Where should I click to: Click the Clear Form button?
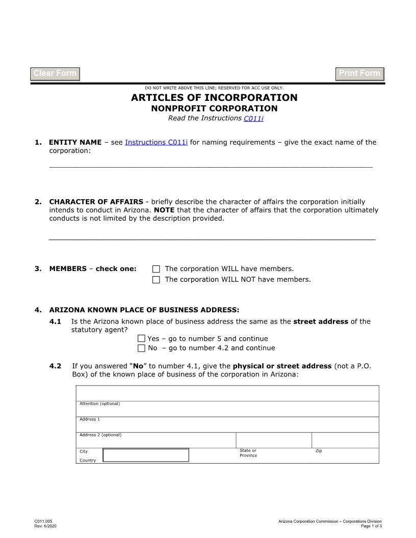click(x=55, y=74)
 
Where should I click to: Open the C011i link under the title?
click(x=253, y=119)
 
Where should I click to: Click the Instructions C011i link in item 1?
click(x=156, y=143)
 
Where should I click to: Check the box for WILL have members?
click(x=156, y=269)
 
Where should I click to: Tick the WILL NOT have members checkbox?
click(x=156, y=280)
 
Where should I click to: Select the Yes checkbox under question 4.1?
click(x=141, y=339)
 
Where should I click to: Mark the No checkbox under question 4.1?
click(x=141, y=348)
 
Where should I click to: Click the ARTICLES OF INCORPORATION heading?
click(x=214, y=97)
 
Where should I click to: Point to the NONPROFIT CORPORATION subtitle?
click(x=214, y=109)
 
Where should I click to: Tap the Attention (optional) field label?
click(x=99, y=404)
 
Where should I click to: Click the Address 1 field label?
click(x=90, y=419)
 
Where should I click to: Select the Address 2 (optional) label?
click(x=100, y=435)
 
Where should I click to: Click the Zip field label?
click(x=319, y=451)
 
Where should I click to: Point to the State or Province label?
click(x=248, y=453)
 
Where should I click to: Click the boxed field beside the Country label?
click(x=146, y=455)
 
